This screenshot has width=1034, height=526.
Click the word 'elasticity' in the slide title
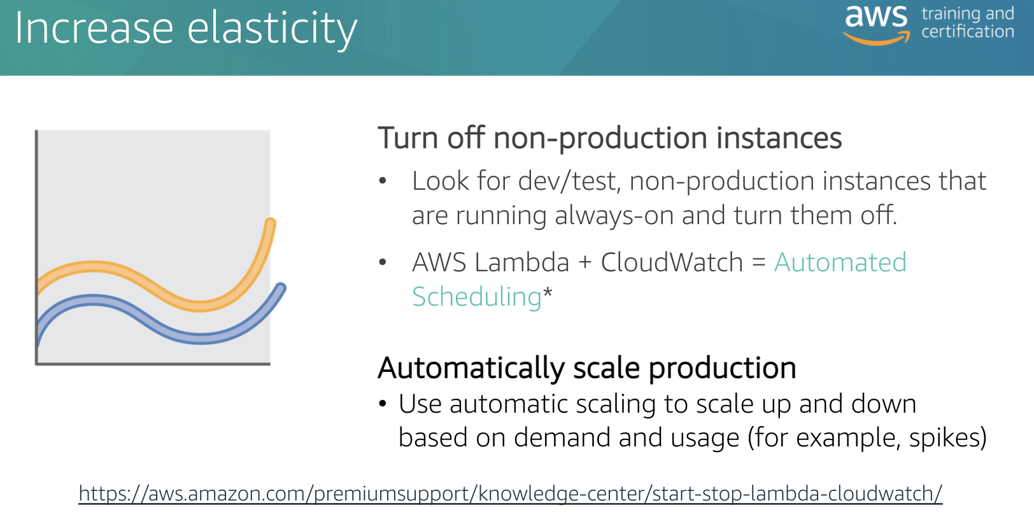272,29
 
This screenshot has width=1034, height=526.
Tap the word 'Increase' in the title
94,28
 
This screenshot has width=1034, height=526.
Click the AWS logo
876,25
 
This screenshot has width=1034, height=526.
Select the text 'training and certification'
968,22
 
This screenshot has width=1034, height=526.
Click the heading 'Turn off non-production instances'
610,138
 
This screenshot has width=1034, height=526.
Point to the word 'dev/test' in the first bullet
567,181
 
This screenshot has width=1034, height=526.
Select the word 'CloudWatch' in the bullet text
672,262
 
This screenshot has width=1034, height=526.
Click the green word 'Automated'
840,262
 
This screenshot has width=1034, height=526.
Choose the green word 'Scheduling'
476,297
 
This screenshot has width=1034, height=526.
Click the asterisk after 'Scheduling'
547,292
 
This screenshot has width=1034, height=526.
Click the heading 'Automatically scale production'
586,368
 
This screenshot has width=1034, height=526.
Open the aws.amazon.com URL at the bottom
510,494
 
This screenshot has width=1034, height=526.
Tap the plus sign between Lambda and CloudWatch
585,263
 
